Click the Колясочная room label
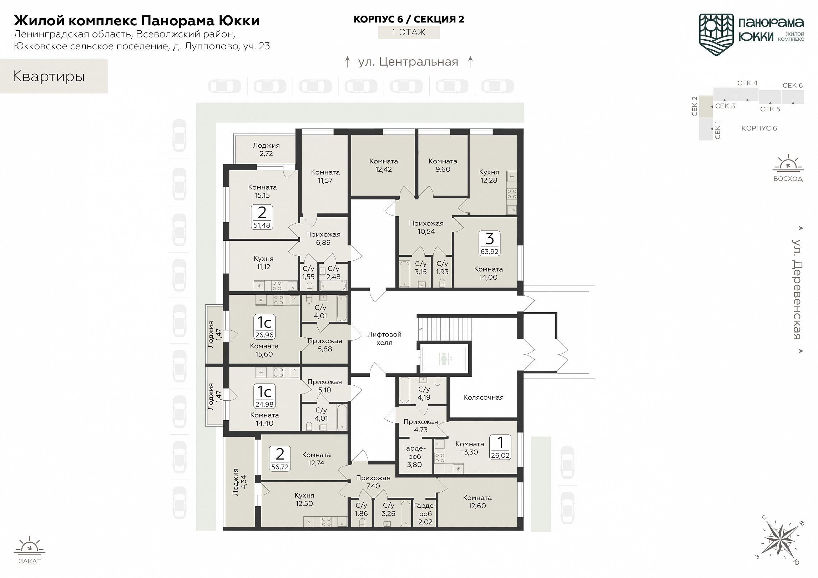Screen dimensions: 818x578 (x=483, y=397)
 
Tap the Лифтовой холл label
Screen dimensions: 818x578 (x=384, y=338)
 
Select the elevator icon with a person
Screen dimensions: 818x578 (x=444, y=359)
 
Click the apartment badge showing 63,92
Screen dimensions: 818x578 (x=490, y=243)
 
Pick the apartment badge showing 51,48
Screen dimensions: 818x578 (x=262, y=217)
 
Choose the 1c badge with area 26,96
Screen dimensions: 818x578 (x=264, y=326)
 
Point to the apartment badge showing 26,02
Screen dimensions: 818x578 (x=500, y=447)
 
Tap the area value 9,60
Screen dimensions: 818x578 (x=443, y=169)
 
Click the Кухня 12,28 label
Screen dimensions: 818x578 (x=489, y=176)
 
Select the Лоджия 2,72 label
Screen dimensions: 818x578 (x=266, y=149)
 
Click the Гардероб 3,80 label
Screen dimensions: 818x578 (x=414, y=456)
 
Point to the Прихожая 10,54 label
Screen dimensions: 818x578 (x=426, y=227)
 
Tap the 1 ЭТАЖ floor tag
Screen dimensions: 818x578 (x=409, y=32)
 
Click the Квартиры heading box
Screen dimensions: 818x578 (x=54, y=76)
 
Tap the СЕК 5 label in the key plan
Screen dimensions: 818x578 (x=770, y=109)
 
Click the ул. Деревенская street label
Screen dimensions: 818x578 (x=797, y=289)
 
